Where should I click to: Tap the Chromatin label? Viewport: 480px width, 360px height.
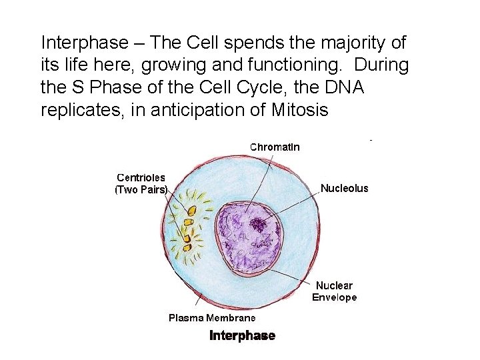point(274,147)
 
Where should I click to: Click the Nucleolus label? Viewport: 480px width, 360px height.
point(344,189)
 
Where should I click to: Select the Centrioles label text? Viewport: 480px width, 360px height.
point(141,178)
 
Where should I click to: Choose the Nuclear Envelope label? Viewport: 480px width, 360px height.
point(335,291)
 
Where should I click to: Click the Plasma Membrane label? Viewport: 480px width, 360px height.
point(211,318)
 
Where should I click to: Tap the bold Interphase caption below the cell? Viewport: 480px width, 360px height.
point(242,335)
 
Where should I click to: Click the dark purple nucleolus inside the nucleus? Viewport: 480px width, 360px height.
point(256,226)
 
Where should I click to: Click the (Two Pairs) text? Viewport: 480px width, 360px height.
point(141,189)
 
